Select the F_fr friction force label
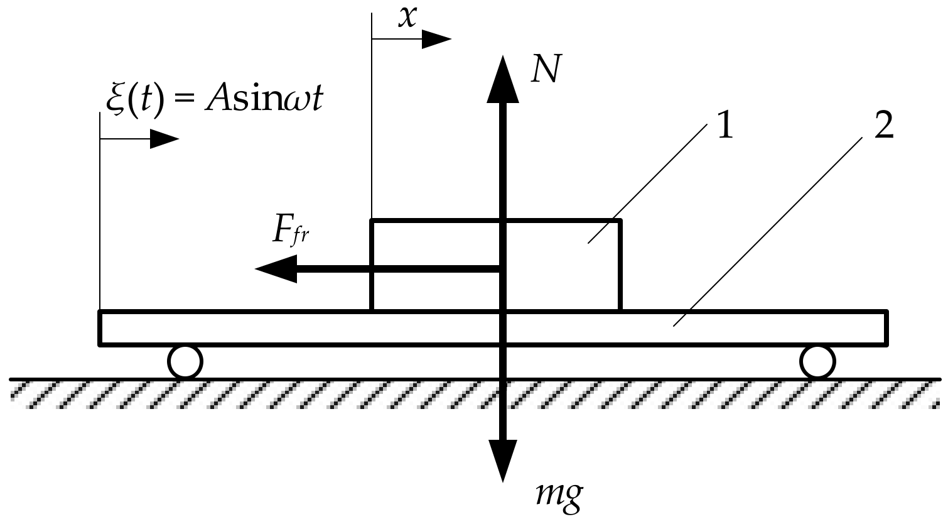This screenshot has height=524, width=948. pyautogui.click(x=291, y=232)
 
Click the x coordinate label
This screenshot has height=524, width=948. pyautogui.click(x=408, y=17)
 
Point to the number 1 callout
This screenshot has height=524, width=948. pyautogui.click(x=724, y=128)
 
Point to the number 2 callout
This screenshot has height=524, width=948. pyautogui.click(x=883, y=128)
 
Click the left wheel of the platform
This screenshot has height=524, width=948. pyautogui.click(x=185, y=362)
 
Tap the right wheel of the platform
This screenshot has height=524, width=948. pyautogui.click(x=817, y=362)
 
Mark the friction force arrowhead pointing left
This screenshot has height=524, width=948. pyautogui.click(x=276, y=269)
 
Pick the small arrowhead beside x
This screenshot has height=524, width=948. pyautogui.click(x=435, y=40)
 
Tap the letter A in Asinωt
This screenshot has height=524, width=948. pyautogui.click(x=215, y=101)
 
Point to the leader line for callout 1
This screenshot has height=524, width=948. pyautogui.click(x=647, y=182)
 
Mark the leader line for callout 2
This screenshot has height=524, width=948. pyautogui.click(x=772, y=229)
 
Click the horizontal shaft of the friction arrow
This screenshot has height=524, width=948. pyautogui.click(x=402, y=269)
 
